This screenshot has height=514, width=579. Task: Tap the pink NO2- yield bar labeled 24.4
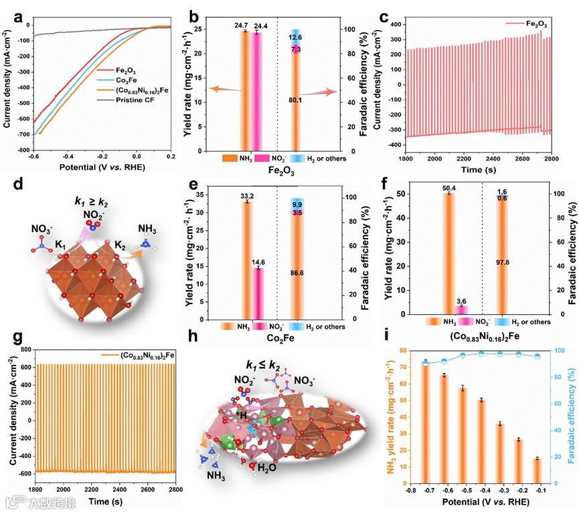256,87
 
